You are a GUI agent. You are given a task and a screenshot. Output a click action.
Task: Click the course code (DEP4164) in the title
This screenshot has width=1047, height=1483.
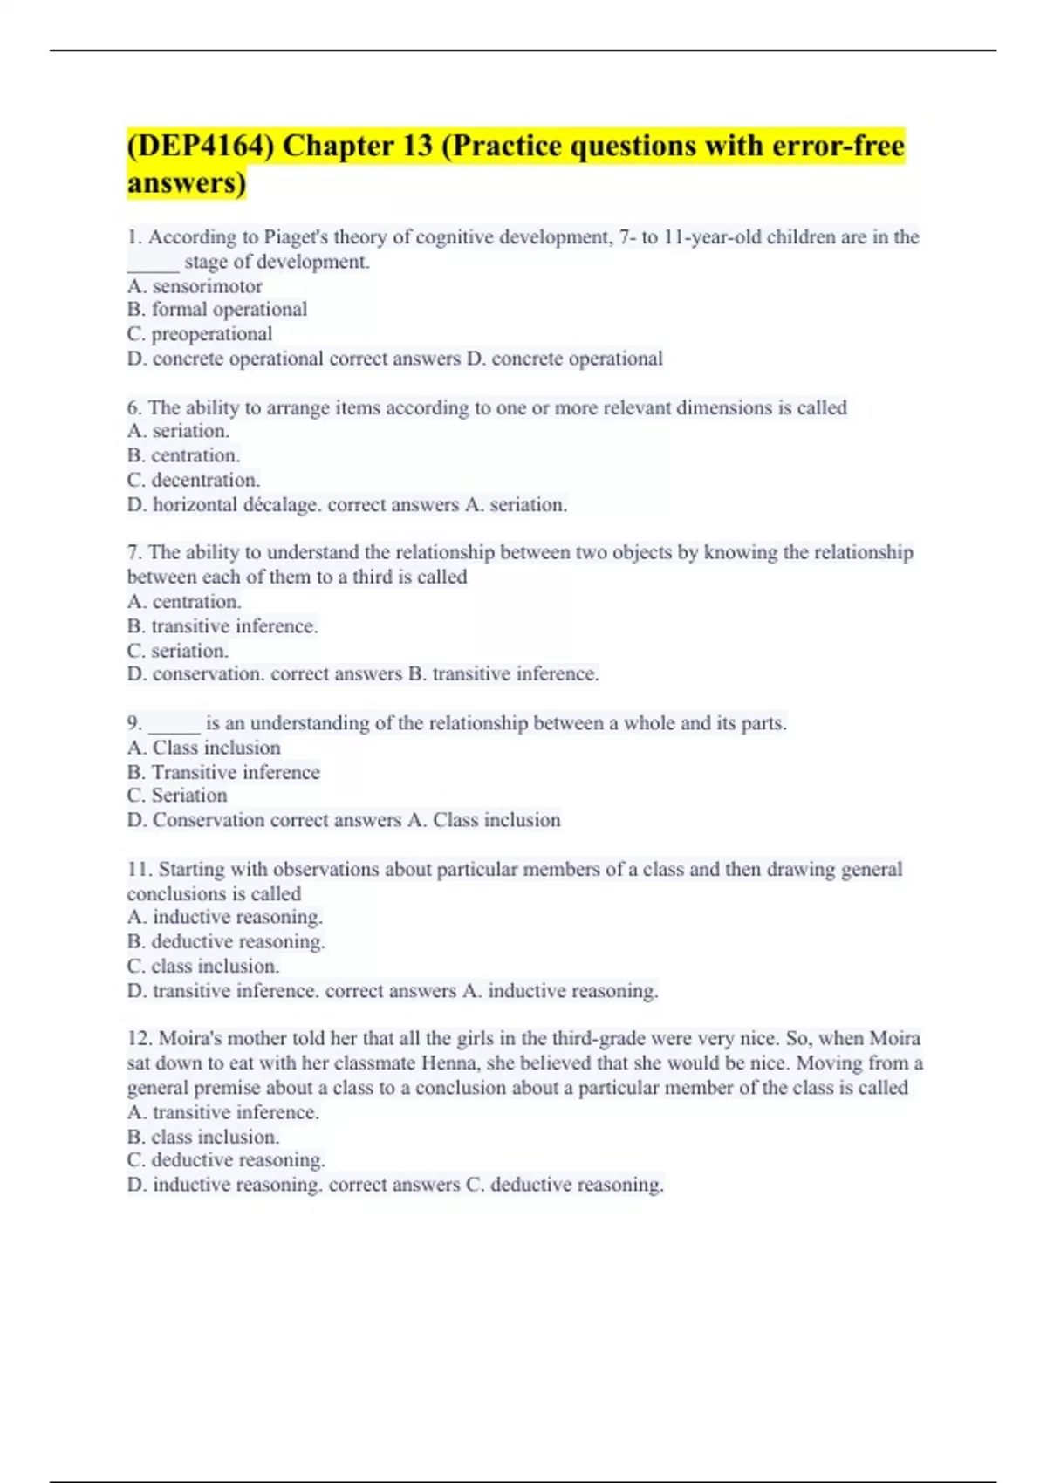(200, 146)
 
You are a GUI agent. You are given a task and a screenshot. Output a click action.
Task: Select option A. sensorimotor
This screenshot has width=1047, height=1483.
(195, 286)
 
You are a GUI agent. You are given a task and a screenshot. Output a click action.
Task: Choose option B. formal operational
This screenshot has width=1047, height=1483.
(217, 310)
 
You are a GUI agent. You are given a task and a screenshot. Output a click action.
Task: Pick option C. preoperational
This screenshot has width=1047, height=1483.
(200, 334)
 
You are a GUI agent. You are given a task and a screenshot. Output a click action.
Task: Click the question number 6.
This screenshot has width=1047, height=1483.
(134, 408)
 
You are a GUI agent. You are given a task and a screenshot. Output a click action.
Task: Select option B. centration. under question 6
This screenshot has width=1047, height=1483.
(183, 455)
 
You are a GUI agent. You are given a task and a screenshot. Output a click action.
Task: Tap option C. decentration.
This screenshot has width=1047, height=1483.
(194, 480)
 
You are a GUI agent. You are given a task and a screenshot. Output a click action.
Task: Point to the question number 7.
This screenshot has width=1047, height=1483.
(134, 553)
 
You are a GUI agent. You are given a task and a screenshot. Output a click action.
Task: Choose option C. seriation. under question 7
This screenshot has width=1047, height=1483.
(178, 651)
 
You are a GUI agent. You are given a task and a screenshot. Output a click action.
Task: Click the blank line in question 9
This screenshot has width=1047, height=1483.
(174, 724)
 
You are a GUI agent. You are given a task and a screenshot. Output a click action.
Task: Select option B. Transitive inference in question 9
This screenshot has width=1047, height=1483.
(223, 773)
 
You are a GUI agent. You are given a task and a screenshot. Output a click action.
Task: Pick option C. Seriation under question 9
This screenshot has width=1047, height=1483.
(177, 796)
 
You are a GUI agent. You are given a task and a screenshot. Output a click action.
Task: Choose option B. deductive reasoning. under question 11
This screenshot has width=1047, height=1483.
(226, 942)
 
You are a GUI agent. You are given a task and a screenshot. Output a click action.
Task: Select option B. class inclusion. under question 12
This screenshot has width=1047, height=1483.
(203, 1138)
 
